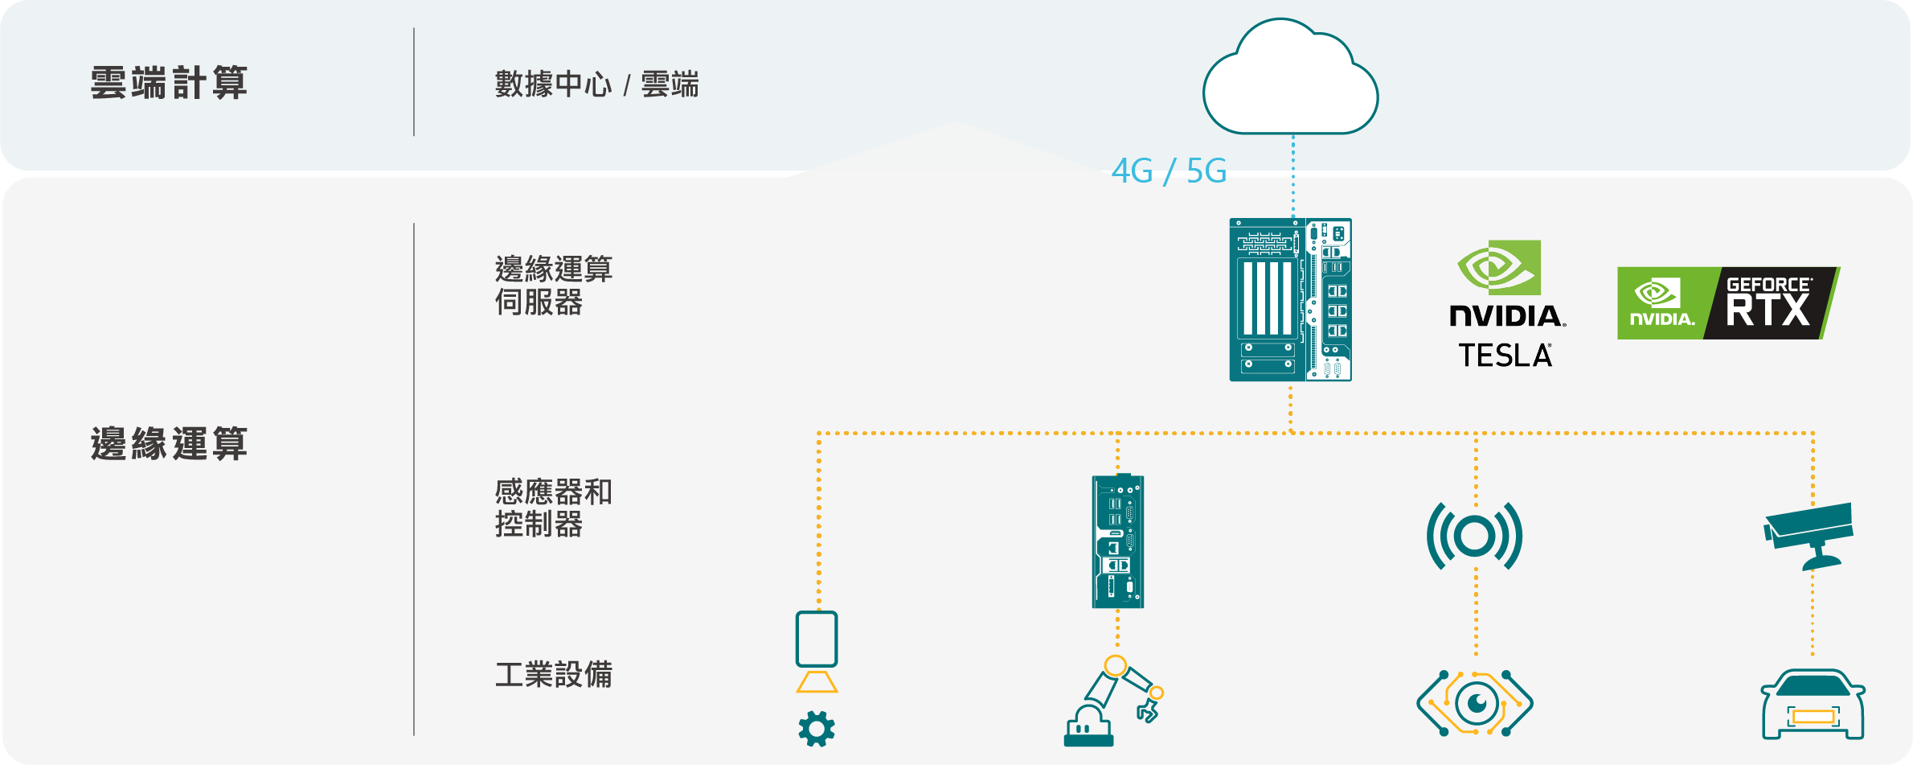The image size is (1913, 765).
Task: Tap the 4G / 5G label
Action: click(1169, 171)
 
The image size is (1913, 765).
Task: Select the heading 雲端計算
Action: click(169, 84)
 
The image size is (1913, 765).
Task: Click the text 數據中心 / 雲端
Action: click(596, 84)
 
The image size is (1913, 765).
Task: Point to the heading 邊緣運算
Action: click(169, 444)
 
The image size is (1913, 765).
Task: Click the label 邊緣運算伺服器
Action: click(553, 286)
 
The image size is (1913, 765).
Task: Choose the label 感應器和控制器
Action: click(553, 508)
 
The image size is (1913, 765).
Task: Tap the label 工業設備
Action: click(553, 674)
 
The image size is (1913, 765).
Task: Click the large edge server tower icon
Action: click(1290, 299)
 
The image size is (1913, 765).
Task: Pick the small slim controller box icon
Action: click(1117, 541)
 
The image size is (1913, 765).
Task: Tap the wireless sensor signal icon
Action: click(1474, 536)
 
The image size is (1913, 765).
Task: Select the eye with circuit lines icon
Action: click(1474, 704)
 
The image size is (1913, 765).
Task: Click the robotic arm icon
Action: click(1113, 701)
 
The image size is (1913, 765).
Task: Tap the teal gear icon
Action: click(817, 729)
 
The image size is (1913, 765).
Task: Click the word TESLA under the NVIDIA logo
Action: click(1505, 356)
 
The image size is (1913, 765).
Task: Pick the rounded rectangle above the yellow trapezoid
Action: click(817, 639)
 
